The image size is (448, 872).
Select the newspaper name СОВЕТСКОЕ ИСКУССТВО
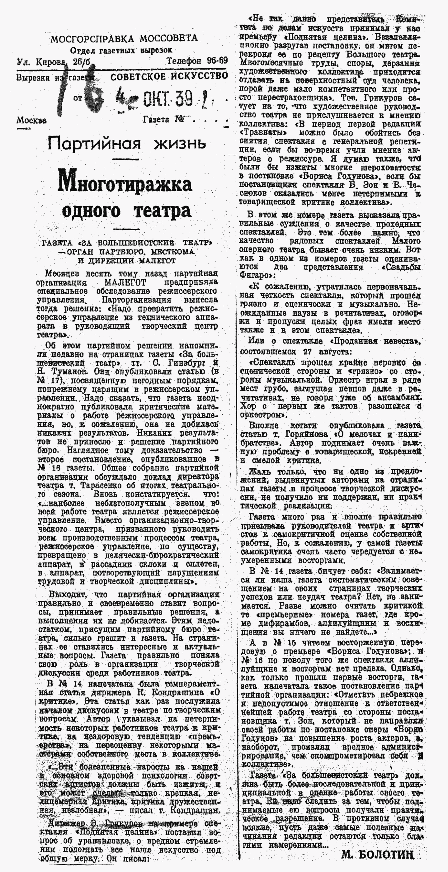169,76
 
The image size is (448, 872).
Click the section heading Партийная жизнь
127,144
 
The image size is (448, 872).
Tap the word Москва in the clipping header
31,120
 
